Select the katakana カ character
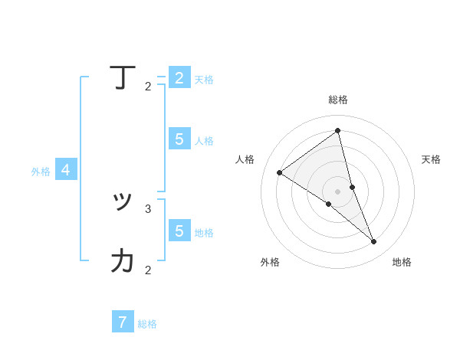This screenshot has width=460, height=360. click(123, 260)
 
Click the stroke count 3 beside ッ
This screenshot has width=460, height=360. click(148, 208)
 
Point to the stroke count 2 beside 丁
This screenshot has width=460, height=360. click(148, 87)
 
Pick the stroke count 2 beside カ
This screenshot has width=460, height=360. click(148, 270)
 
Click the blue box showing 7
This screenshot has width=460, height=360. click(123, 322)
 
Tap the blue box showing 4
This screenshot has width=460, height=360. click(66, 170)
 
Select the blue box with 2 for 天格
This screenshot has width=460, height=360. click(179, 78)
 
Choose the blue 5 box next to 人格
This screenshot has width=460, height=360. click(179, 139)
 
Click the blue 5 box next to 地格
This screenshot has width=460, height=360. click(179, 230)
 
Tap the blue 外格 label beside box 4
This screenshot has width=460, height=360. click(41, 172)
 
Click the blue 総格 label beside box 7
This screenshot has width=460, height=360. click(147, 324)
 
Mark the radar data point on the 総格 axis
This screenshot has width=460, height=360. click(337, 131)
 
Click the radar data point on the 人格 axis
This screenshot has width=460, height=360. click(279, 172)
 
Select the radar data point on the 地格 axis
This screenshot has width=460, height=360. click(374, 242)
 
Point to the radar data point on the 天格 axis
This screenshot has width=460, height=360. click(352, 187)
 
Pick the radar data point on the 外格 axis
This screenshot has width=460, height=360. click(328, 204)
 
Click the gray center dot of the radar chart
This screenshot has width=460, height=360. click(337, 191)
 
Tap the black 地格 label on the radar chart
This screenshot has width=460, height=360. click(402, 262)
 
